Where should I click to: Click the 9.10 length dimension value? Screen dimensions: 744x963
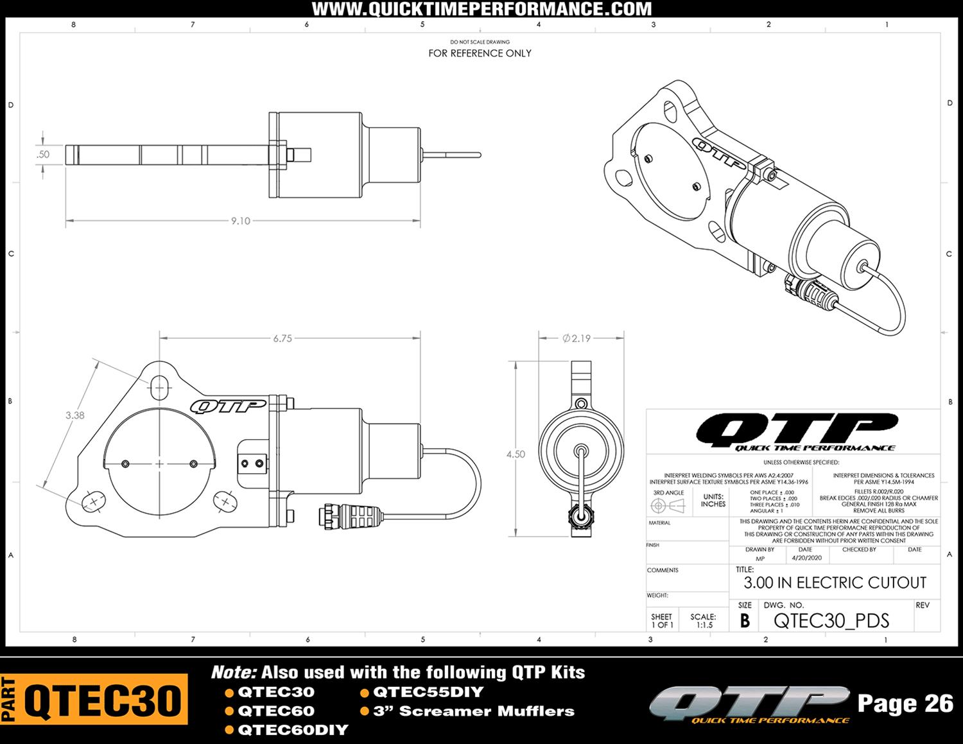(241, 221)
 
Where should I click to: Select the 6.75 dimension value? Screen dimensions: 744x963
(282, 338)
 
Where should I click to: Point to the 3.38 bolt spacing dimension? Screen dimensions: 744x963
(74, 415)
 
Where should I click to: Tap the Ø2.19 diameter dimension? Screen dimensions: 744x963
(576, 338)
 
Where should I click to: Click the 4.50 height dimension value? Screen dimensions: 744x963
(516, 454)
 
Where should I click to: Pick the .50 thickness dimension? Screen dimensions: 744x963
(43, 154)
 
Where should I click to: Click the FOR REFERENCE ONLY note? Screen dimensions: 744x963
(480, 53)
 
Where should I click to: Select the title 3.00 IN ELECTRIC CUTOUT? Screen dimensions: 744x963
(835, 583)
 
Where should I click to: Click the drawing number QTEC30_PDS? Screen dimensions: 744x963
(831, 621)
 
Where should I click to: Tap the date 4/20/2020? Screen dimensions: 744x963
(806, 558)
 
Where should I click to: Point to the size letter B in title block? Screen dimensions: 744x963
(745, 621)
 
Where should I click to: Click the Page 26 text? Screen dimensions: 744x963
(905, 704)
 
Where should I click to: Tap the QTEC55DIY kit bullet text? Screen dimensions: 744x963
(428, 692)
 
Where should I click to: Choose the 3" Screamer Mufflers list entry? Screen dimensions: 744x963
(474, 711)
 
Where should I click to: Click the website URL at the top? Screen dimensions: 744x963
(481, 9)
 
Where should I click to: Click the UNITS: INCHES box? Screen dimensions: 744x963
(713, 500)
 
